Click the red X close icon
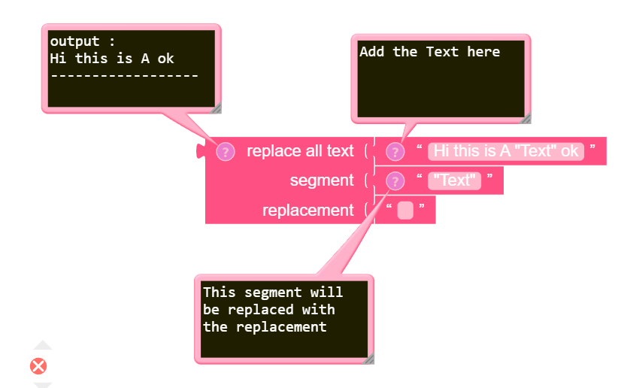[x=38, y=366]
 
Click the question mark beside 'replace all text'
[x=226, y=151]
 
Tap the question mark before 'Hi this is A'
[x=395, y=151]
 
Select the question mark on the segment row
[x=395, y=180]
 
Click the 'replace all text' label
[x=299, y=151]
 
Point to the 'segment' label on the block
[x=321, y=180]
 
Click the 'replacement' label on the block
[x=307, y=211]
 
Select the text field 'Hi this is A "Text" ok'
[x=506, y=151]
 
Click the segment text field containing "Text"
[x=454, y=180]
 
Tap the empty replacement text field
[x=405, y=211]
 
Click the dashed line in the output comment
[x=124, y=75]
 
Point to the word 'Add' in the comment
[x=371, y=52]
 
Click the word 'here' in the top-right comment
[x=483, y=52]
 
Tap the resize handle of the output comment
[x=217, y=108]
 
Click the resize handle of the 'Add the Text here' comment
[x=526, y=118]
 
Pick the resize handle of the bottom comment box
[x=369, y=359]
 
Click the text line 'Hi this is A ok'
[x=112, y=58]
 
